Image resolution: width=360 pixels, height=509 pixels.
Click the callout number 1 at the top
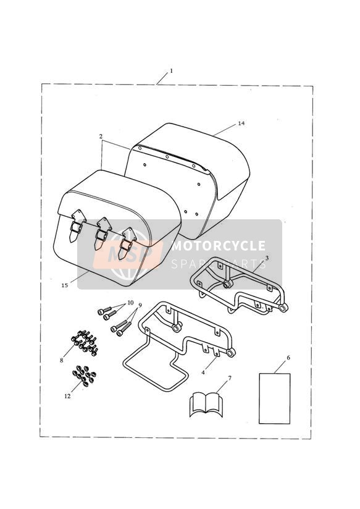[x=172, y=70]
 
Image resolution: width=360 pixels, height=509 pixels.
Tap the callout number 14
[x=241, y=124]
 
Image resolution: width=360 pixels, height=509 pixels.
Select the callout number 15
[x=65, y=285]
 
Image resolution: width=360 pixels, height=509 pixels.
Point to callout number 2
[x=101, y=137]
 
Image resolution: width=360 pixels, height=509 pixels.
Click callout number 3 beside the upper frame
[x=267, y=258]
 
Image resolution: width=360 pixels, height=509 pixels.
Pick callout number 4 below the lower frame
[x=203, y=372]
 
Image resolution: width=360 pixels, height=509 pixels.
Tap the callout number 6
[x=288, y=358]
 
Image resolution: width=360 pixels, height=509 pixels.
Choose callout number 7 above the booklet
[x=230, y=378]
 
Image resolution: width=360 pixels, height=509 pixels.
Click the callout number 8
[x=61, y=360]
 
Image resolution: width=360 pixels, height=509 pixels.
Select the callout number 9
[x=140, y=305]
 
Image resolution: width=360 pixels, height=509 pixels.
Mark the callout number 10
[x=130, y=303]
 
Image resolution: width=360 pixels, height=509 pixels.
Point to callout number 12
[x=67, y=396]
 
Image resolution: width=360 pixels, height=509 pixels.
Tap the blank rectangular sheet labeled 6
[x=274, y=398]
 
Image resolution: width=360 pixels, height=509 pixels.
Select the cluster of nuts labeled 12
[x=85, y=376]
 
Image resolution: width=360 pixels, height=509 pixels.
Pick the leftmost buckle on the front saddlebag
[x=76, y=225]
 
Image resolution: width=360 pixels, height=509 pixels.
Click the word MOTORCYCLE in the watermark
[x=219, y=246]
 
